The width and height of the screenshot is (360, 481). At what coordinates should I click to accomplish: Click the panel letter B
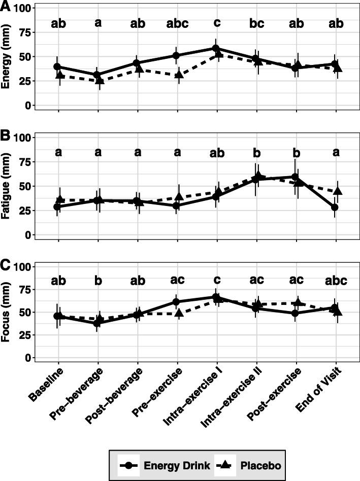click(x=6, y=135)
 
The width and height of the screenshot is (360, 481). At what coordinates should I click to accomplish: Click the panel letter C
click(x=6, y=264)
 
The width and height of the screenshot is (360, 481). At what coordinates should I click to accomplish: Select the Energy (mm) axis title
click(x=7, y=59)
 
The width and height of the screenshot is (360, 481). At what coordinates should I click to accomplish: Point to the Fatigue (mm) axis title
click(x=7, y=187)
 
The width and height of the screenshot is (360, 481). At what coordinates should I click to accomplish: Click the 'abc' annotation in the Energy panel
click(x=177, y=23)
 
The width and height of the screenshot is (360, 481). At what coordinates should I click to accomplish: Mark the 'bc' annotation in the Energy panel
click(x=256, y=23)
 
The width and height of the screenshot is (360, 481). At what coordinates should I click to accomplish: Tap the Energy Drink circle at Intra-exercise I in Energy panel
click(x=217, y=48)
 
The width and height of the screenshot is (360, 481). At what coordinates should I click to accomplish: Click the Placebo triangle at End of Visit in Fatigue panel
click(x=336, y=191)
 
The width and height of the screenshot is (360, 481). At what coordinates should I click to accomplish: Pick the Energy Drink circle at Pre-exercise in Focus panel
click(x=177, y=302)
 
